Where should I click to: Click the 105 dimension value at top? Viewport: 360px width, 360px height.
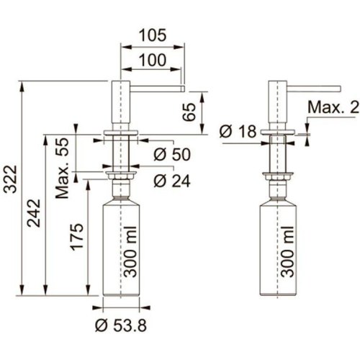point(152,34)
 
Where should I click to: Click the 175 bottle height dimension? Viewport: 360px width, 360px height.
point(77,238)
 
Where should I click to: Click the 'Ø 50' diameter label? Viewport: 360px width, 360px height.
point(172,154)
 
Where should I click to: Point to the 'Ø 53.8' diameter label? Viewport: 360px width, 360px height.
point(120,325)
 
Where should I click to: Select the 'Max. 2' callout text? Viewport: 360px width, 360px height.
point(332,108)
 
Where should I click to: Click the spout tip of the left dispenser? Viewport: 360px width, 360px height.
point(183,89)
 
